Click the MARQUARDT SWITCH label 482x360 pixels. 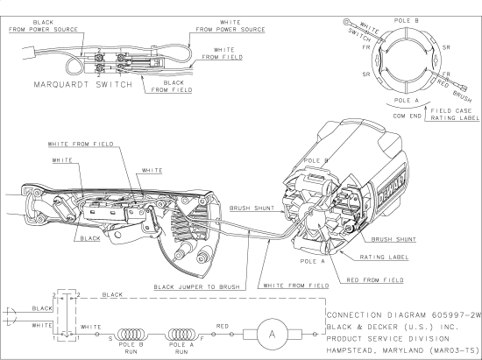tap(83, 84)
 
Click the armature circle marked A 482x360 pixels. tap(272, 334)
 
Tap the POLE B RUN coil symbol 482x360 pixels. tap(131, 334)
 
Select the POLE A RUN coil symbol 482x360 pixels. tap(182, 334)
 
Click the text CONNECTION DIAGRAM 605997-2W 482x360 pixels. tap(403, 315)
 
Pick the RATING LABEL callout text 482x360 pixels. tap(384, 258)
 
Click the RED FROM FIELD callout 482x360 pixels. tap(375, 280)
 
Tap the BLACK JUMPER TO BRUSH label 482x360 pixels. tap(196, 287)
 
